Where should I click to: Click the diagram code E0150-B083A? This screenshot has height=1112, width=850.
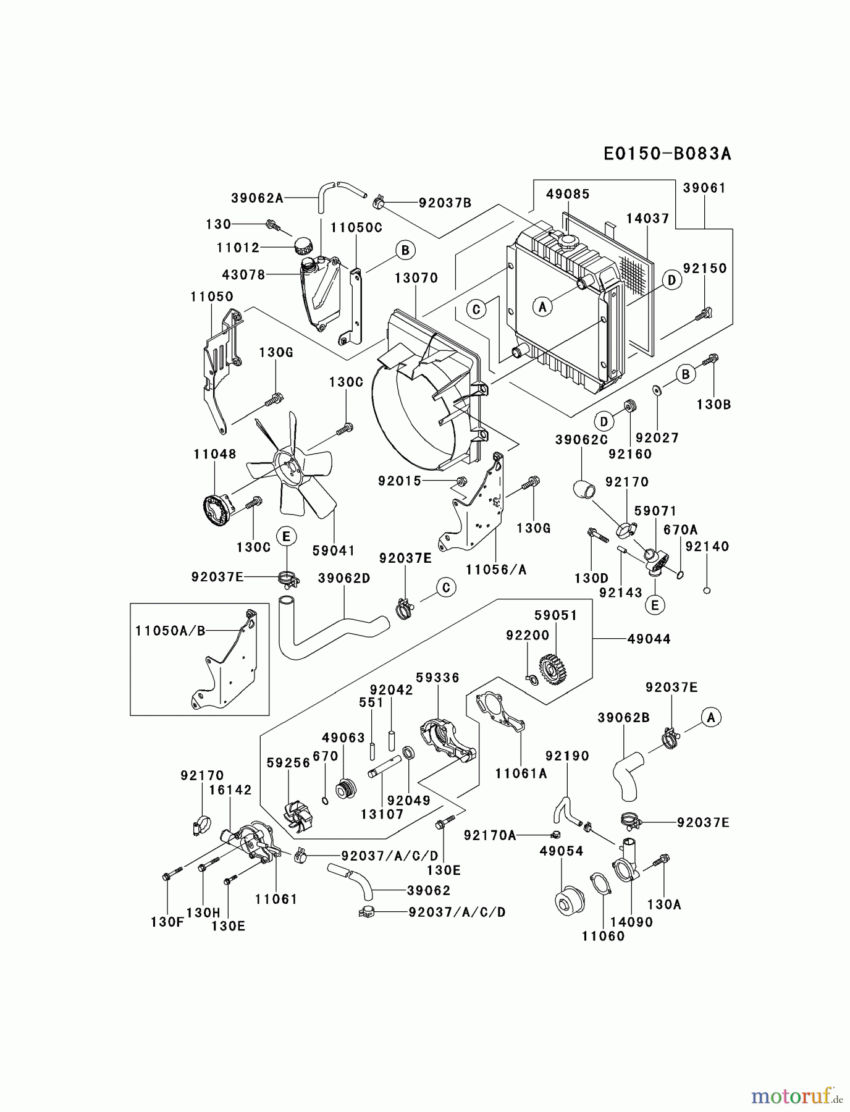pyautogui.click(x=667, y=153)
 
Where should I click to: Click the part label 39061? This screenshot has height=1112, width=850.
pyautogui.click(x=704, y=188)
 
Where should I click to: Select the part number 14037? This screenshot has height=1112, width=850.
pyautogui.click(x=647, y=218)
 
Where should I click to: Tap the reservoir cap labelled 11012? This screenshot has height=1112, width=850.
pyautogui.click(x=303, y=245)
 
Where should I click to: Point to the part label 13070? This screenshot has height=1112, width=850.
pyautogui.click(x=416, y=278)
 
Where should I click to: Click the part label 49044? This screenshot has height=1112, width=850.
pyautogui.click(x=649, y=639)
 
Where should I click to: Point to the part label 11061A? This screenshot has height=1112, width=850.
pyautogui.click(x=521, y=773)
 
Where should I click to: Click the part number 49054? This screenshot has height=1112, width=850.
pyautogui.click(x=561, y=851)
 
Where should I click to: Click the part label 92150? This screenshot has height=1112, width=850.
pyautogui.click(x=705, y=268)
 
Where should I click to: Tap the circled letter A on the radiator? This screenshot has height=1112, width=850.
pyautogui.click(x=542, y=306)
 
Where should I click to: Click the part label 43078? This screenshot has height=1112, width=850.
pyautogui.click(x=243, y=274)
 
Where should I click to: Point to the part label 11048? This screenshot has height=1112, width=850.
pyautogui.click(x=214, y=454)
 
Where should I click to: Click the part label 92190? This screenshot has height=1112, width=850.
pyautogui.click(x=567, y=756)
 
